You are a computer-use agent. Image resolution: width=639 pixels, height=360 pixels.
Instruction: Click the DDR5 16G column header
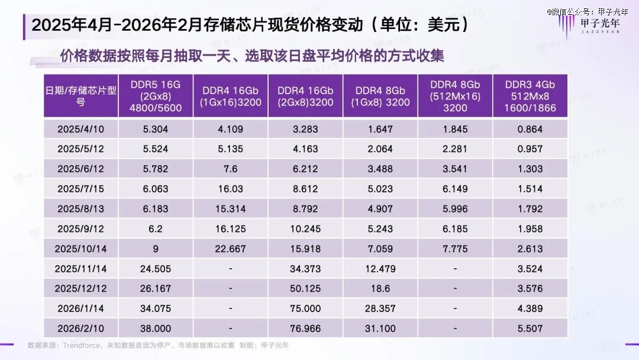[x=156, y=96]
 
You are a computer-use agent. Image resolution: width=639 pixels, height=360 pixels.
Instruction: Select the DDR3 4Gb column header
[x=530, y=96]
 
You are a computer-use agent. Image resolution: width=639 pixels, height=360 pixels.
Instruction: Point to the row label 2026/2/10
[x=81, y=329]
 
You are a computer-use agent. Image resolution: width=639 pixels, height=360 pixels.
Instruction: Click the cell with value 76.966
[x=305, y=329]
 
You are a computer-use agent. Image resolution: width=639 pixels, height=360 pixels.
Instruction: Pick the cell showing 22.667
[x=230, y=249]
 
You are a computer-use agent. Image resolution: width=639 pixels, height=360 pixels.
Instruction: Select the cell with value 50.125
[x=305, y=288]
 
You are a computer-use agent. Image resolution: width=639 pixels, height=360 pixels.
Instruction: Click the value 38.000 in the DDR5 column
[x=156, y=329]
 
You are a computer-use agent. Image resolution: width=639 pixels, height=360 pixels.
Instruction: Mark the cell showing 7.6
[x=230, y=169]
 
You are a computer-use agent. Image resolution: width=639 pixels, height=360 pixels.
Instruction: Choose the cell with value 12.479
[x=380, y=269]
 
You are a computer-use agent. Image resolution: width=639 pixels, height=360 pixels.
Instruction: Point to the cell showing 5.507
[x=530, y=329]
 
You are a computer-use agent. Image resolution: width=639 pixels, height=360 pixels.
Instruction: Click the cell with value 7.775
[x=454, y=249]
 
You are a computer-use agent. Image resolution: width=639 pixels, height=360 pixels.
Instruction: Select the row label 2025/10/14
[x=81, y=249]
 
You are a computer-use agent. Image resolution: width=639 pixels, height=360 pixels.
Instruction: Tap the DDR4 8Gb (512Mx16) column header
[x=454, y=96]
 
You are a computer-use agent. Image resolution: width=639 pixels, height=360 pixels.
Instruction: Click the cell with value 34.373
[x=305, y=269]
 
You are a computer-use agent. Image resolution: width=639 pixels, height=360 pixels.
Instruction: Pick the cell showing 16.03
[x=230, y=189]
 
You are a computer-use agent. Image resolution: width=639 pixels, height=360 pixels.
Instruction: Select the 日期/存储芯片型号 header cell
[x=81, y=96]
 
